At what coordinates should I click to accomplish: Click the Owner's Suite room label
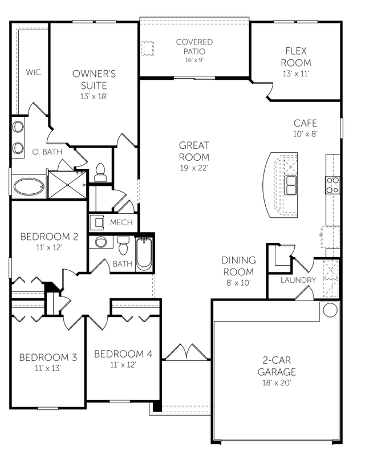[x=94, y=79]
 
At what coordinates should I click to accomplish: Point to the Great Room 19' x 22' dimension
[x=194, y=168]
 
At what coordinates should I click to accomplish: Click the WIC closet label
[x=33, y=72]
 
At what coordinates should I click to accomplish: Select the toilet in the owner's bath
[x=100, y=172]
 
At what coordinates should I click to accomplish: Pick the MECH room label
[x=121, y=222]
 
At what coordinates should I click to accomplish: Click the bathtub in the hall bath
[x=144, y=254]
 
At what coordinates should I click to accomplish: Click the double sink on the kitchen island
[x=291, y=184]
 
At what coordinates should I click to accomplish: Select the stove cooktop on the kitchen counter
[x=332, y=184]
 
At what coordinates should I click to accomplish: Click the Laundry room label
[x=298, y=280]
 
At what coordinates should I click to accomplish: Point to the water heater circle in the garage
[x=330, y=310]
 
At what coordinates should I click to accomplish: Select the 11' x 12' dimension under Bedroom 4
[x=123, y=365]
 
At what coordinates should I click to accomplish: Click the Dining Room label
[x=238, y=266]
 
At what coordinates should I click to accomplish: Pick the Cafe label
[x=305, y=123]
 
